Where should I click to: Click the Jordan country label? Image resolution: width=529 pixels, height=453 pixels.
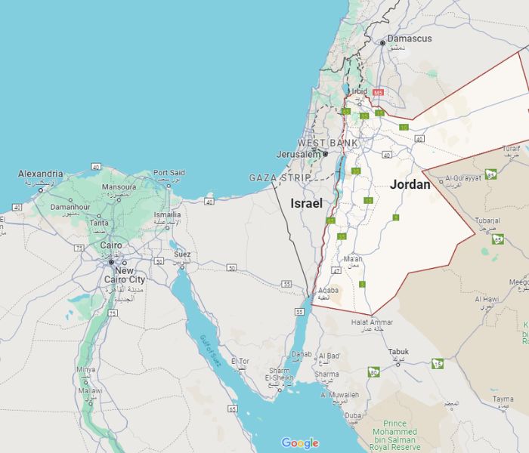(410, 184)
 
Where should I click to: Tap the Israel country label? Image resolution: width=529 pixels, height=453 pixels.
(306, 203)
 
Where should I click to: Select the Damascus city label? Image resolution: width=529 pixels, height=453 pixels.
(410, 39)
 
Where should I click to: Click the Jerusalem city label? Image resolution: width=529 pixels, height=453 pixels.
(298, 154)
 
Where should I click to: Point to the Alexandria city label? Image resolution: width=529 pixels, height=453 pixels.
(41, 174)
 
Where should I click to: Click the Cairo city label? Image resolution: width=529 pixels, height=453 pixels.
(111, 245)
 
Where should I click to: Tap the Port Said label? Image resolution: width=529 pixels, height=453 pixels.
(169, 173)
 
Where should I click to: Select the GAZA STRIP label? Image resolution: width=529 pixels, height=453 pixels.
(280, 177)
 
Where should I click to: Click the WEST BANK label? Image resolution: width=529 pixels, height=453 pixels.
(327, 143)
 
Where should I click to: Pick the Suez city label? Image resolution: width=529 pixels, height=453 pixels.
(182, 254)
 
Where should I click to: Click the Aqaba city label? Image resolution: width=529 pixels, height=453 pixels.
(328, 290)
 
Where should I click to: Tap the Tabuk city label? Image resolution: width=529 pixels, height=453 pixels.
(398, 352)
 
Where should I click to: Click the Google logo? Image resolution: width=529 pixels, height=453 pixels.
(300, 443)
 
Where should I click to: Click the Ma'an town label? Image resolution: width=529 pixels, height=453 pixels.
(353, 258)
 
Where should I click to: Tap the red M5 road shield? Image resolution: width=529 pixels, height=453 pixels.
(378, 92)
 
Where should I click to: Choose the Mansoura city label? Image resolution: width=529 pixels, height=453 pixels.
(119, 186)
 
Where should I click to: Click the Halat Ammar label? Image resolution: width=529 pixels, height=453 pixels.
(372, 322)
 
